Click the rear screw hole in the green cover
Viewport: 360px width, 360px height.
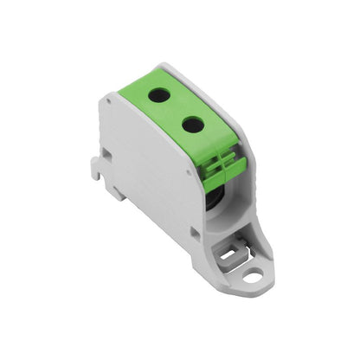(x=159, y=95)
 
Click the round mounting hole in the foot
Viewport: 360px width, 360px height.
(x=252, y=277)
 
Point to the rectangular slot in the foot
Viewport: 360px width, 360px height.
(x=229, y=254)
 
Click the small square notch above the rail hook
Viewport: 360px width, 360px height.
(x=105, y=152)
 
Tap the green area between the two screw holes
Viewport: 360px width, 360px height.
(x=177, y=110)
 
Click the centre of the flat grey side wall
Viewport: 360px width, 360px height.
(x=151, y=169)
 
